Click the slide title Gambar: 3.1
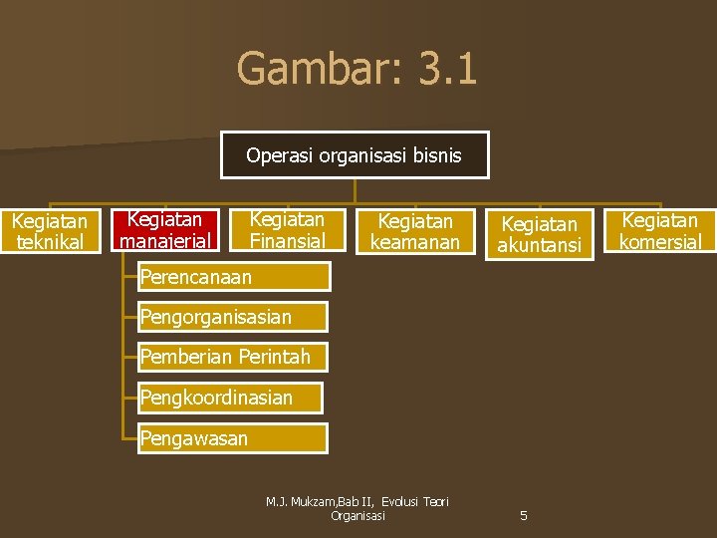point(357,70)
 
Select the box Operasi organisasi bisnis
point(355,155)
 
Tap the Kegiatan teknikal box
point(50,230)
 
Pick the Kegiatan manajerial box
point(165,229)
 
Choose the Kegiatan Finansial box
point(287,229)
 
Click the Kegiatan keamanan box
point(414,231)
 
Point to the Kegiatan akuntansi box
point(539,234)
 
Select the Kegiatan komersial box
point(659,230)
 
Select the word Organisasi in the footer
point(358,516)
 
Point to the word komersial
point(659,241)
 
